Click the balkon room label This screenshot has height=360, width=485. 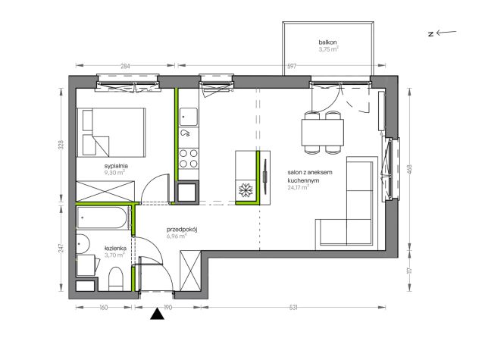tap(327, 42)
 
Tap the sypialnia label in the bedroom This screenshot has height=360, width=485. tap(116, 166)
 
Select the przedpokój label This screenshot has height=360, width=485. tap(182, 230)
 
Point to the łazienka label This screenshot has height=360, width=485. tap(115, 248)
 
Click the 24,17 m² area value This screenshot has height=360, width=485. tap(298, 187)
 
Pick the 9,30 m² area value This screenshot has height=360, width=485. tap(114, 173)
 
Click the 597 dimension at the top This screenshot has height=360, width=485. tap(292, 66)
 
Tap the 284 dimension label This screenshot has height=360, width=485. tap(125, 66)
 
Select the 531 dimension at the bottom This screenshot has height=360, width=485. tap(293, 308)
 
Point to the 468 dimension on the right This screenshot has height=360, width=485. tap(410, 169)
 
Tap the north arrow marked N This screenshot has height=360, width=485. tap(442, 33)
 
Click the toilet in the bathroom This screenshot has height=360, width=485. tap(116, 279)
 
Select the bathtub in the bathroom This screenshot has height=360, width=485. tap(104, 218)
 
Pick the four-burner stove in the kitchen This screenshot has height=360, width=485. tap(189, 158)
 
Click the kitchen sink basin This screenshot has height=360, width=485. tap(189, 117)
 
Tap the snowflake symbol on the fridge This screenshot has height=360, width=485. tap(246, 190)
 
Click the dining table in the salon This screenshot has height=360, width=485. tap(323, 133)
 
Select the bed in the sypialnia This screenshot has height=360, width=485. tap(111, 133)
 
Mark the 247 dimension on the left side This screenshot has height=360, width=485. tap(61, 248)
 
